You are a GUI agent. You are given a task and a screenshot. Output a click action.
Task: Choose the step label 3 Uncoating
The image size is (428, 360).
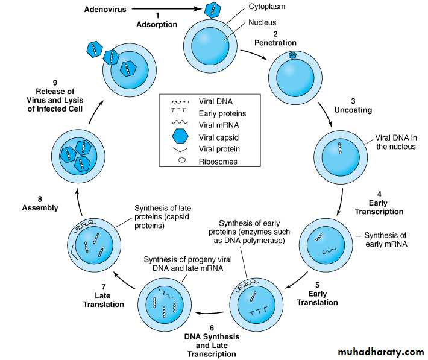pyautogui.click(x=354, y=105)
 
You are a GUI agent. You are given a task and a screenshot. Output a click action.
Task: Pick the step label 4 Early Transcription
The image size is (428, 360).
pyautogui.click(x=379, y=203)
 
